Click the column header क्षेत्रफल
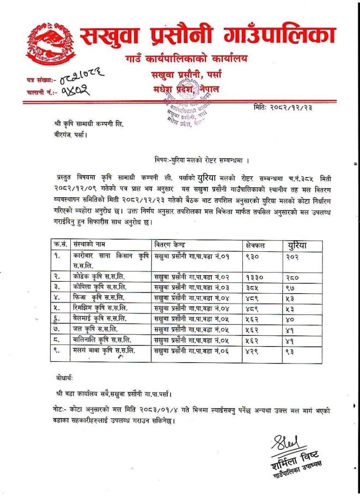click(x=258, y=246)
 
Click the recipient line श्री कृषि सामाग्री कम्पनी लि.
click(x=92, y=124)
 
